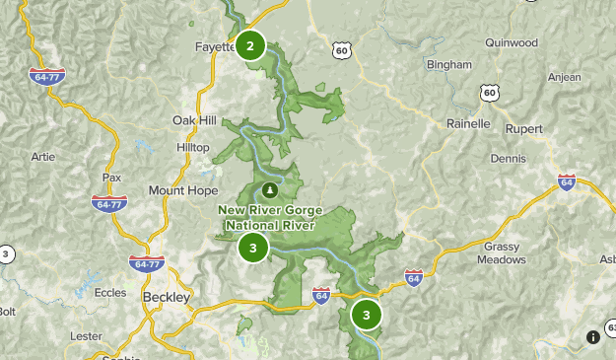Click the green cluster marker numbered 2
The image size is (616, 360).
pos(250,45)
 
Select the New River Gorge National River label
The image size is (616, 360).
pos(270,217)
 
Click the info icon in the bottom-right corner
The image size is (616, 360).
pos(592,336)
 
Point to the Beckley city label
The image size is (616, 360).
pos(166,297)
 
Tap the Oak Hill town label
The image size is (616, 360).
pos(194,120)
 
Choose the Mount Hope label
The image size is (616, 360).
pos(183,190)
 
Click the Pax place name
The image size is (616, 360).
pos(111,178)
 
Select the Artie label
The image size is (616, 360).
pos(43,156)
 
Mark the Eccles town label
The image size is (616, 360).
pos(110,293)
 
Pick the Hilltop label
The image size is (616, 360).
pos(192,146)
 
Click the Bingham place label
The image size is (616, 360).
pos(449,65)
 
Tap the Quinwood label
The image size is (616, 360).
pos(512,42)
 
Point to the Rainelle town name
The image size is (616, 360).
pos(467,123)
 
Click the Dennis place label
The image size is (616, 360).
pos(508,157)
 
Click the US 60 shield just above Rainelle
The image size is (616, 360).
pos(490,93)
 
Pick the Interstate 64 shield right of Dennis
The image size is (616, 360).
pos(566,182)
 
